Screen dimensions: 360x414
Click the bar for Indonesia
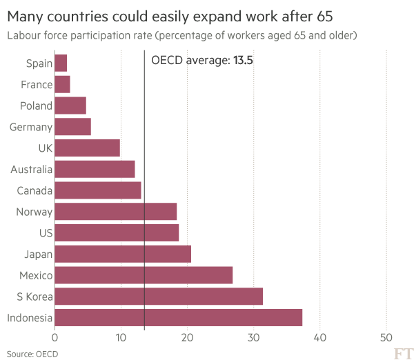[x=178, y=318]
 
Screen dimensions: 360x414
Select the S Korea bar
[x=158, y=297]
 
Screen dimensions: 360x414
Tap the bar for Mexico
[x=144, y=275]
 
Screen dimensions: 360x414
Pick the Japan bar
[x=122, y=254]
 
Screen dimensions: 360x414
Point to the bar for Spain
[x=61, y=63]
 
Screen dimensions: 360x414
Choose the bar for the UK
[x=87, y=148]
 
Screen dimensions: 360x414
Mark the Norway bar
[x=116, y=212]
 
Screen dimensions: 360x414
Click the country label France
[x=37, y=85]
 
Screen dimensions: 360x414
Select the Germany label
[x=31, y=127]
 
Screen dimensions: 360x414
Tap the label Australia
[x=31, y=170]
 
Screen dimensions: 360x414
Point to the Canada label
[x=34, y=190]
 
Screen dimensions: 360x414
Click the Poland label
[x=36, y=106]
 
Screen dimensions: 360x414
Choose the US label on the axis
[x=46, y=233]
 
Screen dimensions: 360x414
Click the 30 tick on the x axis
[x=254, y=337]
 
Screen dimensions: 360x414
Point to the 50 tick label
[x=386, y=337]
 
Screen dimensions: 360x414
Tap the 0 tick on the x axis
[x=55, y=337]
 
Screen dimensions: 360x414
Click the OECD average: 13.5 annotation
[x=197, y=61]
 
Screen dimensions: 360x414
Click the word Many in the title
[x=26, y=14]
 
